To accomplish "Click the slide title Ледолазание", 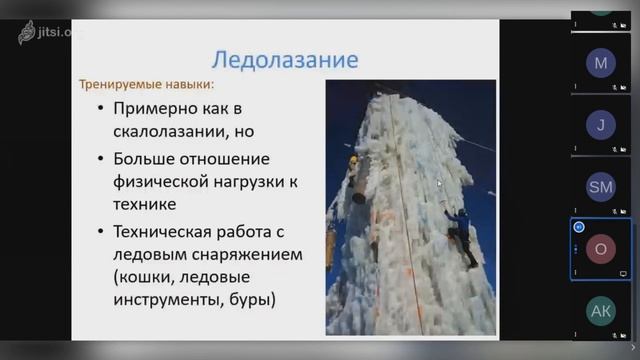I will coord(286,59).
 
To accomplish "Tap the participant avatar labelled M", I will coord(601,64).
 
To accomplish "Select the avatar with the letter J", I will coord(601,126).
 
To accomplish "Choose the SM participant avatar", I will coord(601,187).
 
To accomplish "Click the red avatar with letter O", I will coord(601,249).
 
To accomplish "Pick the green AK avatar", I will coord(601,312).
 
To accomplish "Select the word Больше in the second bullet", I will coord(148,158).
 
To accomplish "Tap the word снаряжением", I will coord(244,254).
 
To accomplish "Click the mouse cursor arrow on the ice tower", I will coord(439,183).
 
